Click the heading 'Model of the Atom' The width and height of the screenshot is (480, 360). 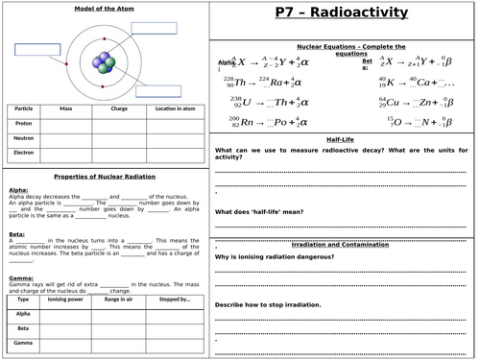[105, 10]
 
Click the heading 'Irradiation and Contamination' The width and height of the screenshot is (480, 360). [343, 244]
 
